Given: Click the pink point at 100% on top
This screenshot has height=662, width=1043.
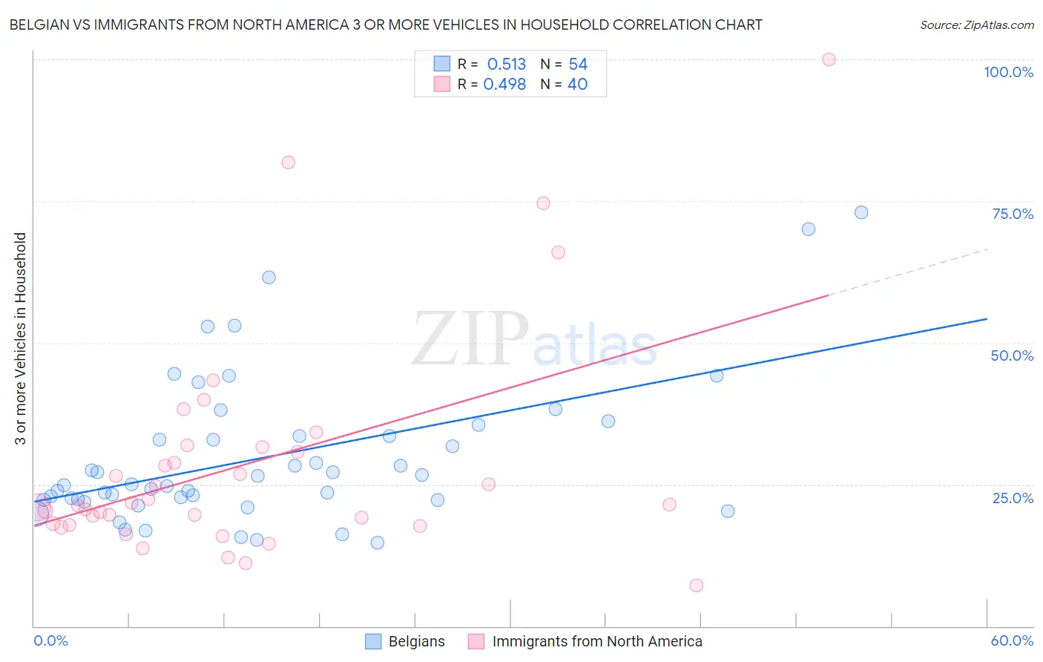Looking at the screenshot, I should coord(829,59).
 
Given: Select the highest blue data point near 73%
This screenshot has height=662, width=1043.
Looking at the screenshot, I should coord(861,212).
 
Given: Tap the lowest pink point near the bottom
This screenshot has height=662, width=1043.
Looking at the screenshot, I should coord(696,586).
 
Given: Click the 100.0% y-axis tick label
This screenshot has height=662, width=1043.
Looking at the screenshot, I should coord(1008,72).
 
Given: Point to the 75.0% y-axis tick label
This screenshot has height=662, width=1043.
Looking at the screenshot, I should coord(1013,214).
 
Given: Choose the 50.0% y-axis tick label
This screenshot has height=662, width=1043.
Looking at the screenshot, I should coord(1012,355).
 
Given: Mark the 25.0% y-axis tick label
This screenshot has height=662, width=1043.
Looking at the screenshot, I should coord(1013,498).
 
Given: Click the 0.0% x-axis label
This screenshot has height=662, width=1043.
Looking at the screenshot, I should coord(50,640).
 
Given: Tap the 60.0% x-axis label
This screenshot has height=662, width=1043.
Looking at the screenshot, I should coord(1012,640).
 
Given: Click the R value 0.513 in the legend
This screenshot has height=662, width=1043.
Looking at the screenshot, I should coord(506,65).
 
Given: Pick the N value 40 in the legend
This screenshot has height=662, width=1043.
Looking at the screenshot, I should coord(577,85).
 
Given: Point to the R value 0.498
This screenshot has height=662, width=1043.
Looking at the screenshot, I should coord(504,85).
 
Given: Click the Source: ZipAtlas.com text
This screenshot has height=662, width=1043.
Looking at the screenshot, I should coord(976,25).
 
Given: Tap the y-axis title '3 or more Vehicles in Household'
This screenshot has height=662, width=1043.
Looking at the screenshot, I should coord(21,338).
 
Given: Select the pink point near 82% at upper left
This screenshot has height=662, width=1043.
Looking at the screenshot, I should coord(288,163).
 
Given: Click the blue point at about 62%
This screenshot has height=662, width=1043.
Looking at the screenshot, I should coord(269,277).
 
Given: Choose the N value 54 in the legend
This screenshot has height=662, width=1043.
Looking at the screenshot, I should coord(577,65).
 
